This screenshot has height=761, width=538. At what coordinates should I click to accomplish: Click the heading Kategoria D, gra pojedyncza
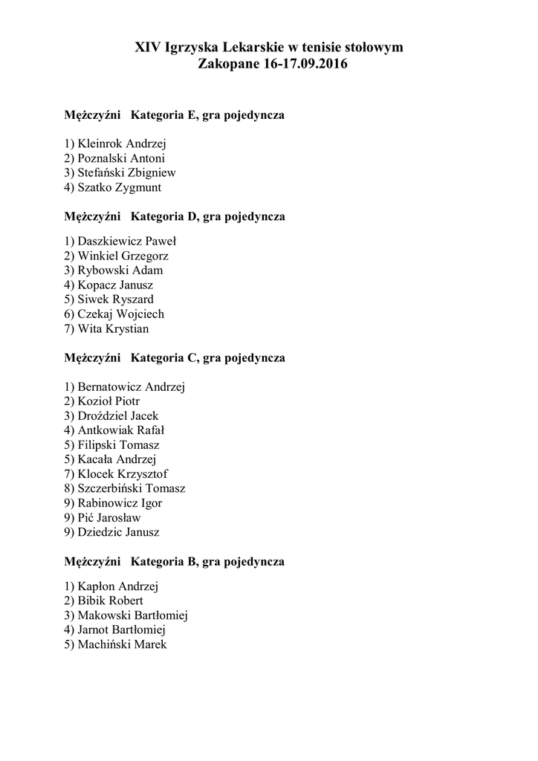[x=208, y=216]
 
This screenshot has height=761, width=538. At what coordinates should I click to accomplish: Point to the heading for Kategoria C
[x=208, y=357]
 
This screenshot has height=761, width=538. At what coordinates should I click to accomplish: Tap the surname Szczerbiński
[x=113, y=488]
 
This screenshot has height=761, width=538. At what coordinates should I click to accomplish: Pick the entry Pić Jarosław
[x=109, y=517]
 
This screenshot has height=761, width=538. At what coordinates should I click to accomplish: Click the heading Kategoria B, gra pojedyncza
[x=208, y=562]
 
